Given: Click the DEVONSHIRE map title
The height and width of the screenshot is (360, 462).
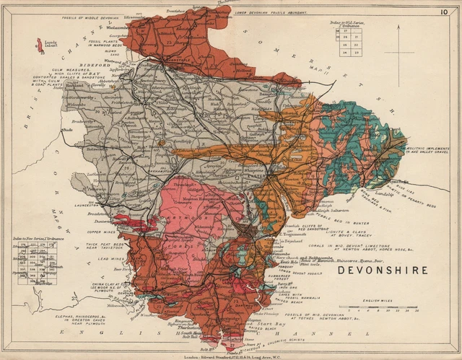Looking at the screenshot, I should tap(383, 271).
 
